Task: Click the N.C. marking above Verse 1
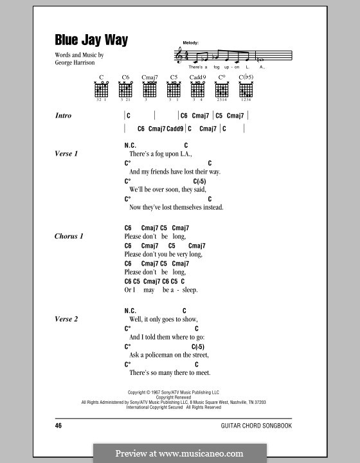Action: tap(130, 146)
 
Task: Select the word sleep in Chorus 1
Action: tap(188, 290)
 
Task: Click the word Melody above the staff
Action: tap(192, 41)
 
